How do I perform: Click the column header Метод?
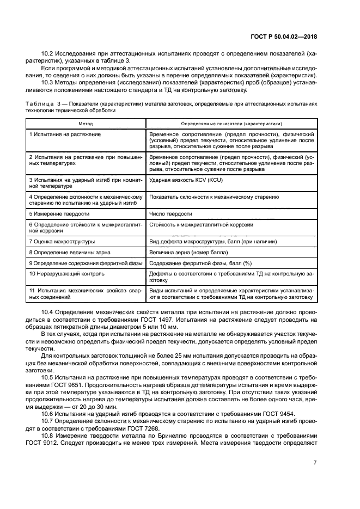tap(86, 124)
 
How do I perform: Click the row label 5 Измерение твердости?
tap(56, 214)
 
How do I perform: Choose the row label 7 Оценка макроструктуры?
tap(62, 241)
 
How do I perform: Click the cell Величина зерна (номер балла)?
tap(183, 252)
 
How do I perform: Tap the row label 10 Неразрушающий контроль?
tap(66, 273)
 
